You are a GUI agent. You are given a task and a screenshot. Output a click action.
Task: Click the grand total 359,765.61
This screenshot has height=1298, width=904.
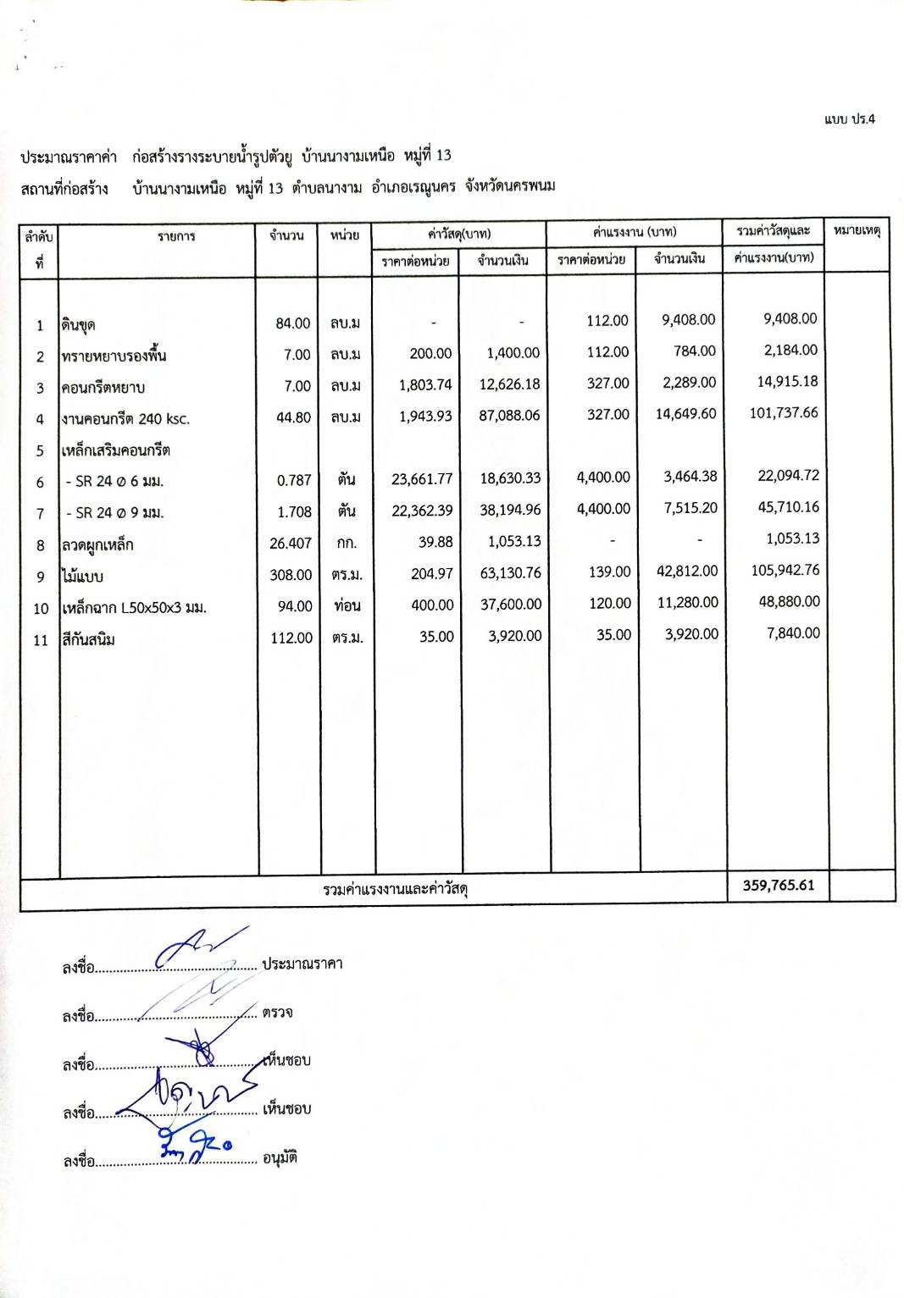[x=778, y=886]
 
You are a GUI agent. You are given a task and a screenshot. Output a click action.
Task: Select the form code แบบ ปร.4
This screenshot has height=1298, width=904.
[x=849, y=119]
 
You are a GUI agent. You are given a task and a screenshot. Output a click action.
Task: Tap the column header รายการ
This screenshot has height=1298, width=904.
[x=176, y=236]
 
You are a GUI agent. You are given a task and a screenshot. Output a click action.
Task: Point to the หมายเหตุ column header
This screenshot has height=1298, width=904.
[x=857, y=230]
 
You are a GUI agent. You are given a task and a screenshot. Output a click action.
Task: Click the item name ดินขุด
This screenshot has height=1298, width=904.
[x=78, y=325]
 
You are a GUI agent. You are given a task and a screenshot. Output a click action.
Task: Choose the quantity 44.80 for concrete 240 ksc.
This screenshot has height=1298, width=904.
[x=293, y=417]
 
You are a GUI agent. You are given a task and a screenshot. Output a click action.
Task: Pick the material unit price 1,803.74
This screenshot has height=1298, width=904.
[x=425, y=385]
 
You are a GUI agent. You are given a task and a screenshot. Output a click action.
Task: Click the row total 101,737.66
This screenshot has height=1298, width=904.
[x=784, y=413]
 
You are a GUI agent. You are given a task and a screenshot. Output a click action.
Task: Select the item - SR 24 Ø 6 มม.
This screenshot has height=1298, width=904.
[x=113, y=482]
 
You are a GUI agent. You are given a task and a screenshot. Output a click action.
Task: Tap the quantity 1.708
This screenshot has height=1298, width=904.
[x=294, y=512]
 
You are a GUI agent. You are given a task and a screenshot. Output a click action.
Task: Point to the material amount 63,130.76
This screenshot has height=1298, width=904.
[x=510, y=573]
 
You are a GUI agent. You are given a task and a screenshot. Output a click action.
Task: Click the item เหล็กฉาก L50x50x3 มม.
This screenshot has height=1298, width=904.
[x=134, y=608]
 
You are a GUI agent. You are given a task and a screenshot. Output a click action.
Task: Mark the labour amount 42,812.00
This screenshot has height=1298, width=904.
[x=687, y=572]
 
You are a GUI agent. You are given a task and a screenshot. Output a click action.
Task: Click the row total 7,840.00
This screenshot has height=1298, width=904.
[x=793, y=633]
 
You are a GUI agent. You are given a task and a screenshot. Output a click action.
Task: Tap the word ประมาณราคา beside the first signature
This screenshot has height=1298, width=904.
[x=302, y=964]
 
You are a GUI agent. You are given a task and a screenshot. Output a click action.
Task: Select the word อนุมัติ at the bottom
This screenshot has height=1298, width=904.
[x=280, y=1157]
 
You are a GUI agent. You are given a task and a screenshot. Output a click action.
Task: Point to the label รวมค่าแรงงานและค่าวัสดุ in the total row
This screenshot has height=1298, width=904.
[x=396, y=889]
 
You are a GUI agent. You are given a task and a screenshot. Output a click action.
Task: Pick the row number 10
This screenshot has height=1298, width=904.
[x=41, y=609]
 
